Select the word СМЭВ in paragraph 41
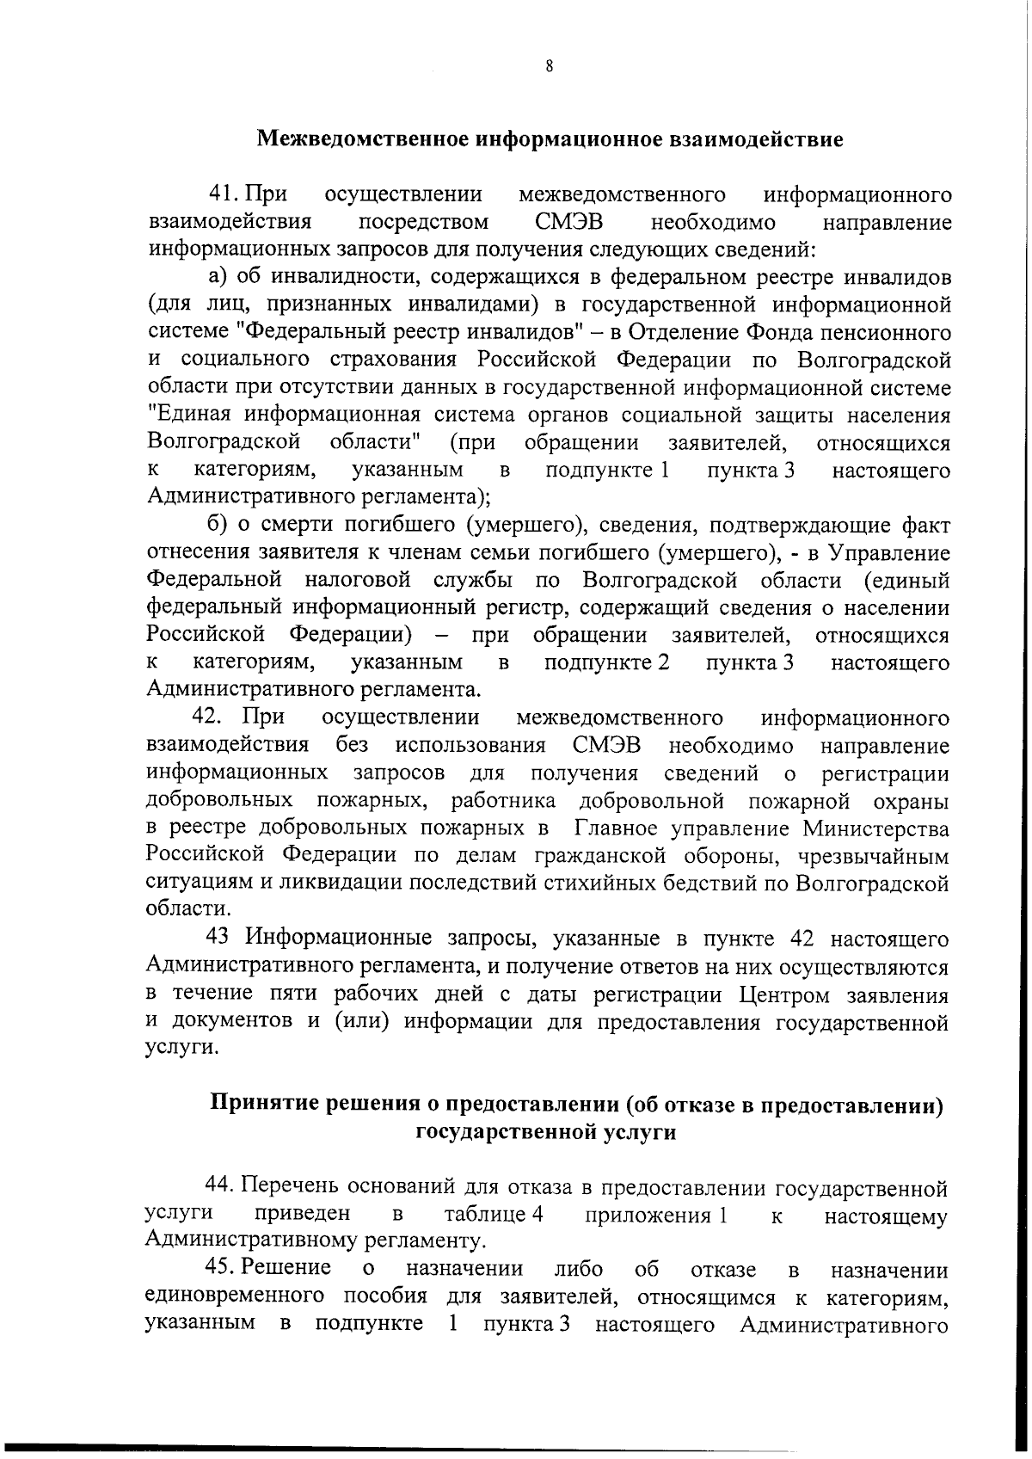(568, 222)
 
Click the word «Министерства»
(876, 828)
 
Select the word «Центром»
(778, 994)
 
